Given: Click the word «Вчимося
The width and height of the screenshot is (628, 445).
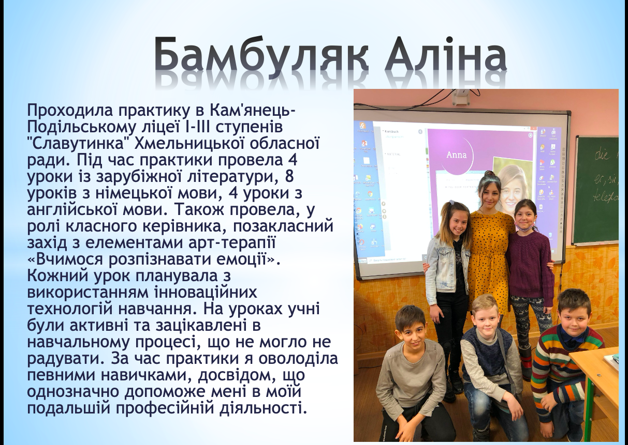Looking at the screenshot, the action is click(65, 259).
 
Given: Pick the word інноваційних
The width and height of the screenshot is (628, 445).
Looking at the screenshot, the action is click(206, 292).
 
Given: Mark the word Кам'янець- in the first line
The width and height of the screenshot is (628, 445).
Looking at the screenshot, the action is click(252, 111).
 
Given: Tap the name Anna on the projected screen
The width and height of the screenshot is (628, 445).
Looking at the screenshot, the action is click(457, 155).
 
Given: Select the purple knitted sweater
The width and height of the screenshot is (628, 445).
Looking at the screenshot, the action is click(531, 263).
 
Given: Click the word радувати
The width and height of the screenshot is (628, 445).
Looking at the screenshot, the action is click(66, 359).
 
